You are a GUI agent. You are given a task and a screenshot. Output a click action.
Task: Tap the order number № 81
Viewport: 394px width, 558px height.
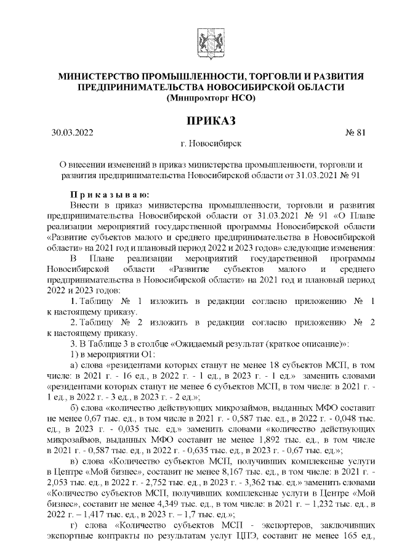pos(356,132)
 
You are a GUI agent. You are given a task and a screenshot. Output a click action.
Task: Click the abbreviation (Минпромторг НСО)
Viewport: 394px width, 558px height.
pos(206,97)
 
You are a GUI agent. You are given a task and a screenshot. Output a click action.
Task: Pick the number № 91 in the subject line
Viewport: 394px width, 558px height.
pos(349,175)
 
